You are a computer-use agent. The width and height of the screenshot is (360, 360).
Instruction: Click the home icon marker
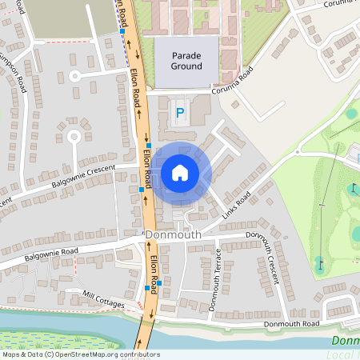pyautogui.click(x=180, y=172)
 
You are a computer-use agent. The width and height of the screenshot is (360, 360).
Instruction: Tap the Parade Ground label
pyautogui.click(x=185, y=61)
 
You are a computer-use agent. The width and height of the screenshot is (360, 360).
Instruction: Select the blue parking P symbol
pyautogui.click(x=179, y=114)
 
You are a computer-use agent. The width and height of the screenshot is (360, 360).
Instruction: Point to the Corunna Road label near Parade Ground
pyautogui.click(x=233, y=82)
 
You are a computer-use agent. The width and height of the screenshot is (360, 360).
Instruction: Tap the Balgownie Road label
pyautogui.click(x=51, y=254)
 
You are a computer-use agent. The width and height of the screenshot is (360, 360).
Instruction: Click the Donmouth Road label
pyautogui.click(x=291, y=323)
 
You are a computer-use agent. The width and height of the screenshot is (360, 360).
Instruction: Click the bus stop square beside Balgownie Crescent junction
pyautogui.click(x=142, y=189)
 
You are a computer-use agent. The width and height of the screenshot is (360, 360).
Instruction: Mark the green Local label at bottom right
pyautogui.click(x=345, y=341)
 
